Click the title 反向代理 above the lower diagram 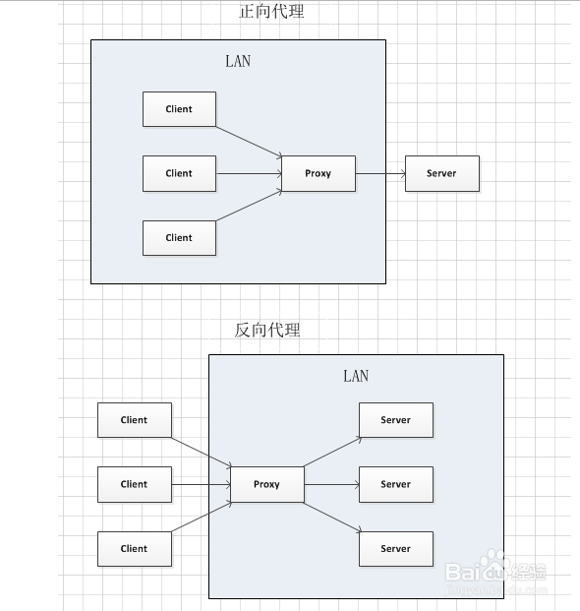coord(267,331)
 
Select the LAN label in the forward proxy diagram coord(238,61)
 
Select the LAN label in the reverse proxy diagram coord(356,376)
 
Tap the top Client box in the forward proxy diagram coord(179,109)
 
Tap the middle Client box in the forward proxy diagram coord(179,173)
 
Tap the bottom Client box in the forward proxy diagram coord(179,237)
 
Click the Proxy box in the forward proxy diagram coord(318,173)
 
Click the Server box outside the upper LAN coord(441,173)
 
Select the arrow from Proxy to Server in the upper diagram coord(380,173)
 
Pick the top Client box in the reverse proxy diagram coord(135,420)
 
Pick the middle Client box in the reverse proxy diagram coord(135,484)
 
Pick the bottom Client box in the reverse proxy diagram coord(135,549)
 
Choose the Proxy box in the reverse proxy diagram coord(266,484)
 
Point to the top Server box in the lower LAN coord(395,420)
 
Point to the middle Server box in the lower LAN coord(395,484)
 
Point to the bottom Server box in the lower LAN coord(395,549)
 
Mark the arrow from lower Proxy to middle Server coord(331,484)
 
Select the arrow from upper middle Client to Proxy coord(249,173)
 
